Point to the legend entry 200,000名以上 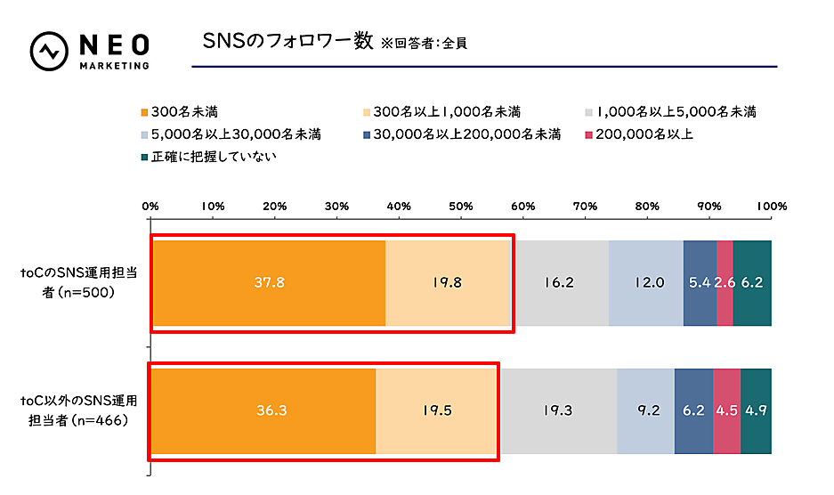tap(639, 134)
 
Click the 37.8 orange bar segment tap(268, 283)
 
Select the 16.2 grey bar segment tap(560, 283)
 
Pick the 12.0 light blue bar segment tap(645, 283)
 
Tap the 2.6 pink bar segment tap(725, 283)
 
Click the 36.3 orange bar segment tap(263, 411)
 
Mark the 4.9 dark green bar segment tap(756, 411)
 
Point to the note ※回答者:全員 tap(425, 43)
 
